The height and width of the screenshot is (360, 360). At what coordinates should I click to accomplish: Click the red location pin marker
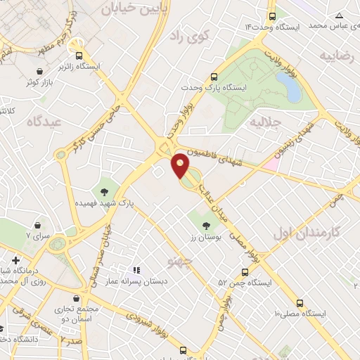(181, 166)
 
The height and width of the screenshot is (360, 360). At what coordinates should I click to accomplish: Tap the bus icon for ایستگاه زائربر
(79, 54)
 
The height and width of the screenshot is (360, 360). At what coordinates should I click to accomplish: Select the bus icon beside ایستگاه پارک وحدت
(214, 77)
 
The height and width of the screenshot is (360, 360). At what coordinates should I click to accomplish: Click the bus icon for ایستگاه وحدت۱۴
(272, 16)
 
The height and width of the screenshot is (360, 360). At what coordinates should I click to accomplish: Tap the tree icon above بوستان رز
(206, 226)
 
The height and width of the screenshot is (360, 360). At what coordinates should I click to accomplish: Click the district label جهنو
(180, 262)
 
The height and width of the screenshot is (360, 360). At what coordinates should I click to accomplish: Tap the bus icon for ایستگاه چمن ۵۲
(245, 271)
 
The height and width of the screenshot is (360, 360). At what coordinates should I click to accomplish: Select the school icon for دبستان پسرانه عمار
(137, 270)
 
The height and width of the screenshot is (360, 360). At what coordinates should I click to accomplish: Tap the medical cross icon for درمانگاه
(15, 260)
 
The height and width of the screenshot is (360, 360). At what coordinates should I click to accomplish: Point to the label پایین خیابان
(134, 8)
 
